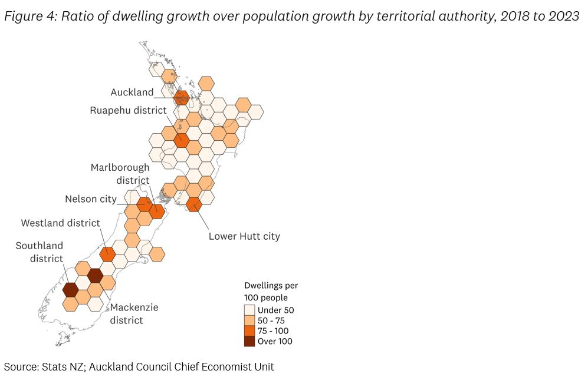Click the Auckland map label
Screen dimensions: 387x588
point(132,92)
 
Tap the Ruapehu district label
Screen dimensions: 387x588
point(128,110)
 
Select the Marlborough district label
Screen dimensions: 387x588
point(120,174)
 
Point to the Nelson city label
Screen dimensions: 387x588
point(91,199)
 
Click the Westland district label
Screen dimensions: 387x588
point(61,223)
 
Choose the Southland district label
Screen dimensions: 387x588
point(39,252)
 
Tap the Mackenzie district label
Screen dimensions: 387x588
point(134,314)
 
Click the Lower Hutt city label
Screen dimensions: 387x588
point(244,236)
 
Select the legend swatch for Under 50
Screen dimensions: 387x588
point(250,310)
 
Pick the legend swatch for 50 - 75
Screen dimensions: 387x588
point(250,320)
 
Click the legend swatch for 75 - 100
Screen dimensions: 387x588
point(250,331)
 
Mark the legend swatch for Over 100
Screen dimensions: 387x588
point(250,341)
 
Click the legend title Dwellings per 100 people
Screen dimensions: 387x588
point(271,292)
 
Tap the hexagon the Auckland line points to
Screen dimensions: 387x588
point(182,97)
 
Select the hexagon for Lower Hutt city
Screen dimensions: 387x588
point(193,204)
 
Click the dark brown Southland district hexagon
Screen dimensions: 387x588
point(70,290)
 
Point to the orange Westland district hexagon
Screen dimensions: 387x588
point(107,254)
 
